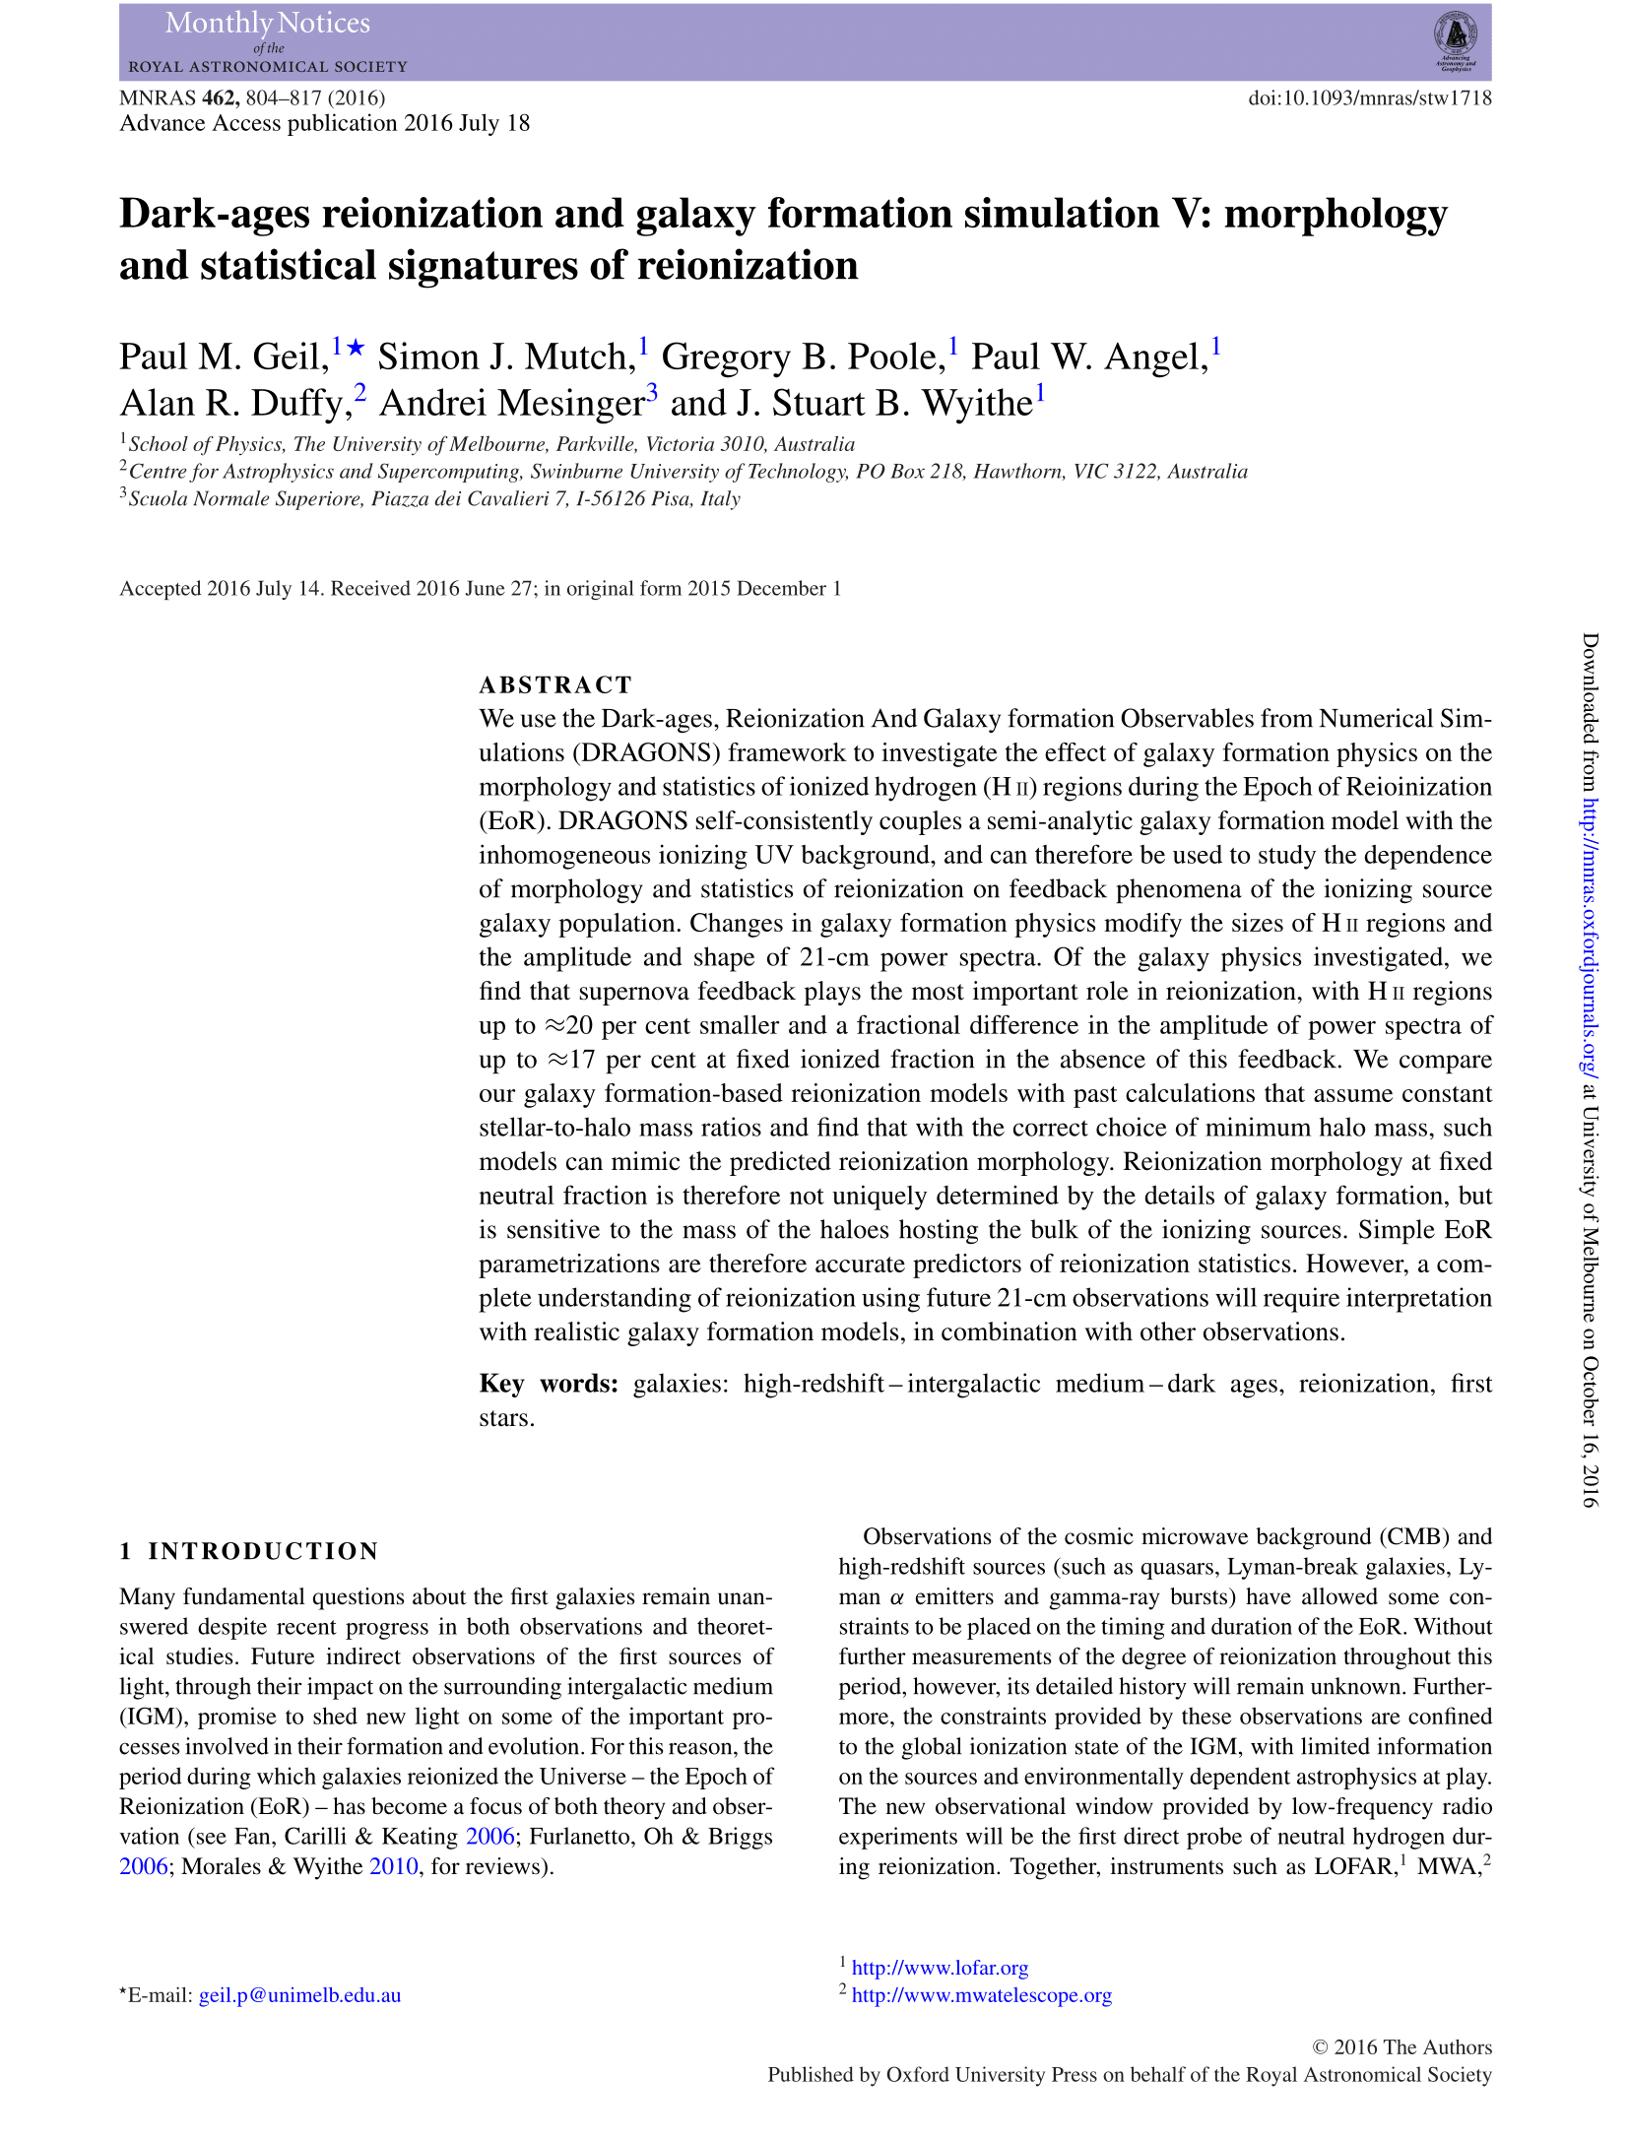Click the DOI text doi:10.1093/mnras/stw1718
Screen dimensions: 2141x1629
coord(1369,97)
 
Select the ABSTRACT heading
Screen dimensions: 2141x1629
coord(555,684)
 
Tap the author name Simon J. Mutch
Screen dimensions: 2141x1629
coord(507,357)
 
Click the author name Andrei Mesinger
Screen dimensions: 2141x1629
coord(512,403)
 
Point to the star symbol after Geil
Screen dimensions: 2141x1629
coord(357,348)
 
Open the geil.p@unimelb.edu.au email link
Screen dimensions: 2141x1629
coord(299,1995)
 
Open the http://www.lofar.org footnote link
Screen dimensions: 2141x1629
coord(940,1968)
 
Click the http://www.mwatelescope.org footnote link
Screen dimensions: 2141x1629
coord(981,1995)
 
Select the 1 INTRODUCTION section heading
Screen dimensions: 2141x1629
coord(249,1551)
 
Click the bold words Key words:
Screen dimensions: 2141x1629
coord(549,1384)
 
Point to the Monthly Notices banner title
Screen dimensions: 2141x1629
coord(268,24)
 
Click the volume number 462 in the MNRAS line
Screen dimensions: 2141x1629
coord(220,97)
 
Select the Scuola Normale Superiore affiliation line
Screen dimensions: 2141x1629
coord(433,498)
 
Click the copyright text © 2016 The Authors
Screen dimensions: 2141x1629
coord(1401,2046)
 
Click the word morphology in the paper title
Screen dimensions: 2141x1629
coord(1336,214)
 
